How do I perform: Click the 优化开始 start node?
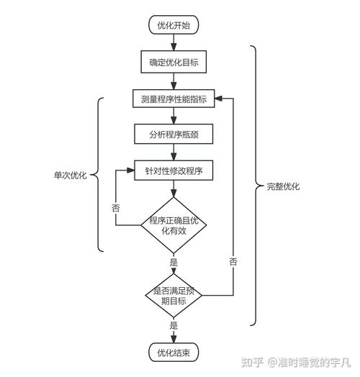[174, 25]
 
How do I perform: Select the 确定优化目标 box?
[174, 63]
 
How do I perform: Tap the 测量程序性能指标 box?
[174, 99]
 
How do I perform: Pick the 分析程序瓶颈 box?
[174, 135]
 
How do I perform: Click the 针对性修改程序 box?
[174, 171]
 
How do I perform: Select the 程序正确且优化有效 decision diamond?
[174, 225]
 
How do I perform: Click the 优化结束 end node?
[174, 353]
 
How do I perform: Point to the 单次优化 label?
[70, 175]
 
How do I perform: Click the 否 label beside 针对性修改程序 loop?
[116, 207]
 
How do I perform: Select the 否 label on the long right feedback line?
[233, 261]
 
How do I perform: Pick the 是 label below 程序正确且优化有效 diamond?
[174, 263]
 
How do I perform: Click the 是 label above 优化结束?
[174, 325]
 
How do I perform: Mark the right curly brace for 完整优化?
[254, 186]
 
